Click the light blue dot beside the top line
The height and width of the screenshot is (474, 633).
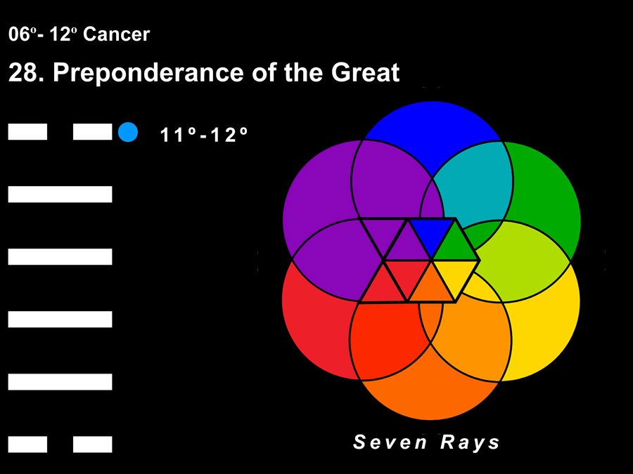128,132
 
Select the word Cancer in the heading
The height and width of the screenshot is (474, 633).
116,34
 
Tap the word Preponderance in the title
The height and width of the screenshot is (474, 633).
148,73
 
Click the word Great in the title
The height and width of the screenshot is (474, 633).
365,72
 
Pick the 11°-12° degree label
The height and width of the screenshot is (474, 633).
203,135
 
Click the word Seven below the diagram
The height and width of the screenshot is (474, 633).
390,442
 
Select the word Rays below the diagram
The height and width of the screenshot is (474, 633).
470,442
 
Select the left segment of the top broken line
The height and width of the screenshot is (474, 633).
27,132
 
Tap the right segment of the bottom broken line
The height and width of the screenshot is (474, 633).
92,445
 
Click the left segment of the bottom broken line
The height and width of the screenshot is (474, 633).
27,445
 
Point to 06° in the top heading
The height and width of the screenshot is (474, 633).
20,34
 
